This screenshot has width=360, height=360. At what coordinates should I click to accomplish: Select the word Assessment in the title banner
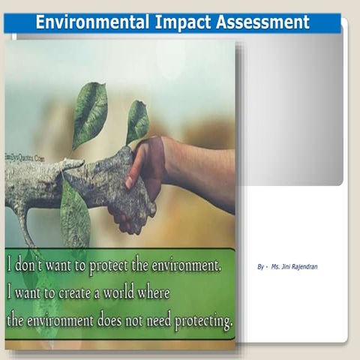[x=262, y=22]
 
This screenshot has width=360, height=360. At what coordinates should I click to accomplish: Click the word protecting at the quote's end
[x=203, y=322]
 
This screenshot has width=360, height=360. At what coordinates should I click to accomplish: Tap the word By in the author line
[x=260, y=266]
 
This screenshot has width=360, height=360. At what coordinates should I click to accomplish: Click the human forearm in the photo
[x=199, y=161]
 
